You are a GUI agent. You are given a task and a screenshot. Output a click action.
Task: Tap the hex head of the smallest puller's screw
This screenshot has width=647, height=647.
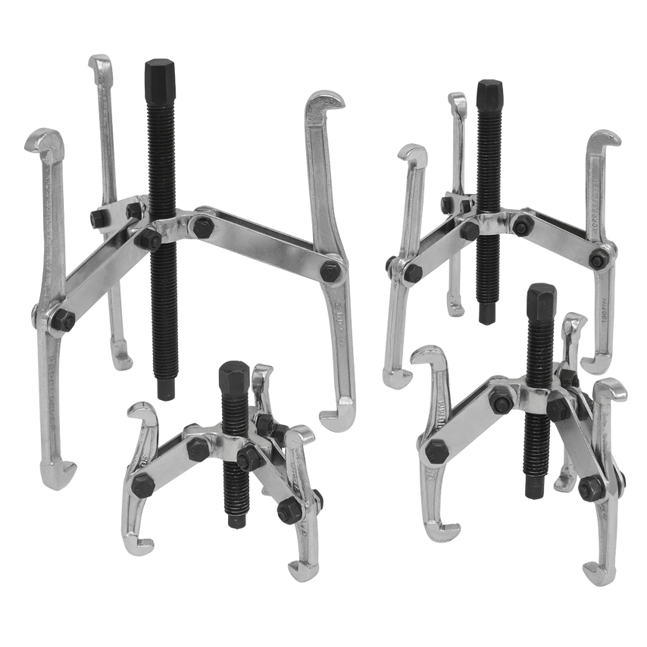pos(232,375)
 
